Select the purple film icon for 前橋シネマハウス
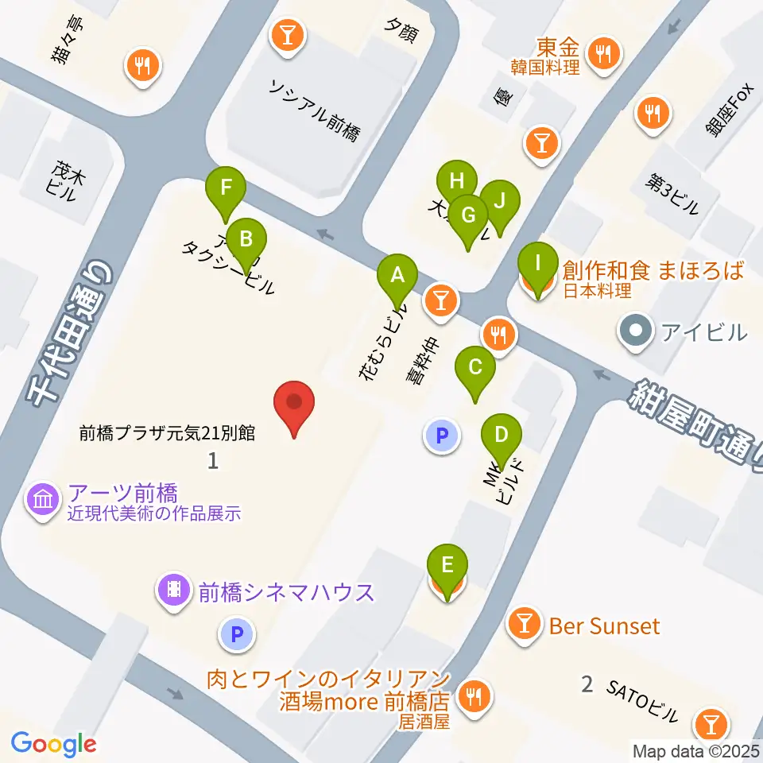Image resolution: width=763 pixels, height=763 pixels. [x=174, y=590]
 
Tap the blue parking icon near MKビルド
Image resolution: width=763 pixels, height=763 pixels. [x=442, y=436]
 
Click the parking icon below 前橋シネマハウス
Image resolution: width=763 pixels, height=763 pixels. [x=236, y=634]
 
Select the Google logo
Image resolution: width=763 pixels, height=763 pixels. [x=54, y=744]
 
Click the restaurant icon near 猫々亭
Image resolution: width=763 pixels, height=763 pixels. [x=143, y=65]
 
